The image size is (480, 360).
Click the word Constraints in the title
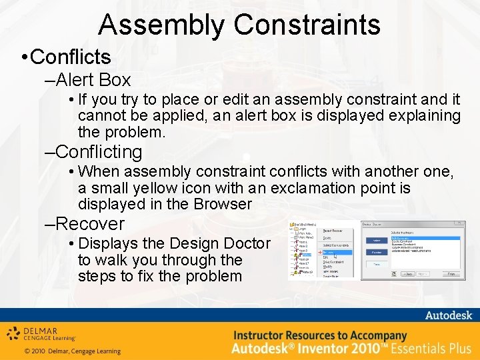[x=307, y=25]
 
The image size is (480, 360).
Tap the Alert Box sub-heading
[x=93, y=81]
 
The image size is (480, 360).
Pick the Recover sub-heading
[x=90, y=223]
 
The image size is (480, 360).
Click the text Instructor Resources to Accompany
[x=320, y=335]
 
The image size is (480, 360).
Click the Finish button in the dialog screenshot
[x=451, y=274]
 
